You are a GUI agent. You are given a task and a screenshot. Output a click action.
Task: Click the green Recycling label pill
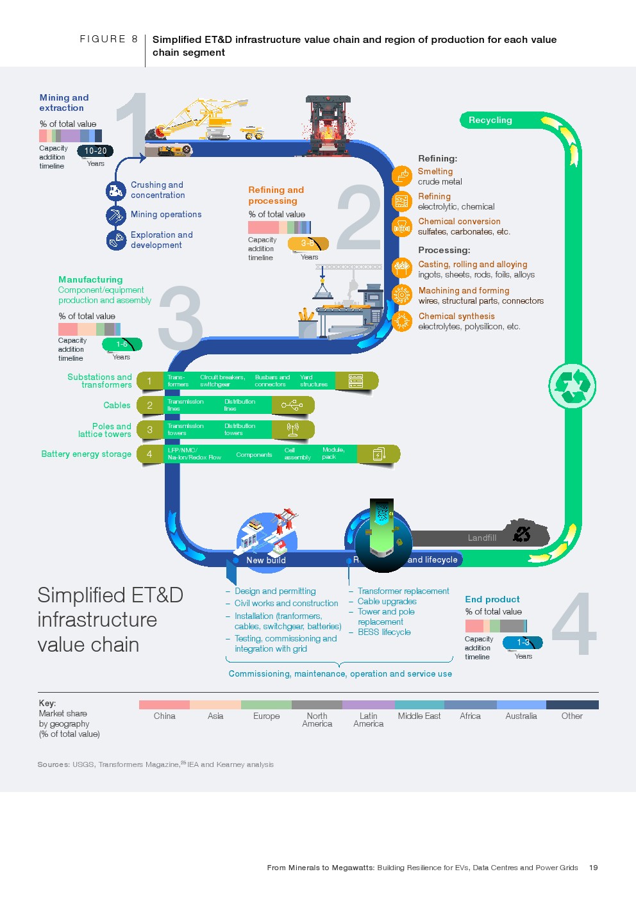coord(490,120)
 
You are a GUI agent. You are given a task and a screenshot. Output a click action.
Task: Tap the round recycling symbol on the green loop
coord(572,386)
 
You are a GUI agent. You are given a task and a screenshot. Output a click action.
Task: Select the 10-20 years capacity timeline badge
coord(96,151)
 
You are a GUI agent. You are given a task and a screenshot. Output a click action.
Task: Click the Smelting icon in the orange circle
coord(402,176)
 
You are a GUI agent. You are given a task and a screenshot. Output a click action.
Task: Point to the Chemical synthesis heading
coord(456,317)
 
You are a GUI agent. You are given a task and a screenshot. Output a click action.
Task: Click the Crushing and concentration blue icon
coord(116,190)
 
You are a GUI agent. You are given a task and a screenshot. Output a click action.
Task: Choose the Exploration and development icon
coord(116,240)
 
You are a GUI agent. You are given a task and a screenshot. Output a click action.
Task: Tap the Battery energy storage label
coord(86,454)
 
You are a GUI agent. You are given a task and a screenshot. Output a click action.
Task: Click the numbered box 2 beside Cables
coord(150,406)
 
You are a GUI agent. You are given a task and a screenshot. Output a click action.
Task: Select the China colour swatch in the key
coord(164,705)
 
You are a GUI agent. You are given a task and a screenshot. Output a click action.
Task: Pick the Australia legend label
coord(521,716)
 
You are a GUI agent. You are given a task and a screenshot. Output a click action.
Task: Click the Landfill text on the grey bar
coord(482,538)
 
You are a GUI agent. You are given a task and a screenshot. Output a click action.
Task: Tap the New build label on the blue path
coord(266,560)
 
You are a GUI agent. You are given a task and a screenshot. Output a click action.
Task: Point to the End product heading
coord(492,600)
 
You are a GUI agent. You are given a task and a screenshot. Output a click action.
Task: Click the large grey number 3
coord(180,318)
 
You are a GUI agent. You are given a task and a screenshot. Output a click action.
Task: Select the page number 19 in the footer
coord(594,868)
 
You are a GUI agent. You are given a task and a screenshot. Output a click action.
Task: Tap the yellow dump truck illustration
coord(253,133)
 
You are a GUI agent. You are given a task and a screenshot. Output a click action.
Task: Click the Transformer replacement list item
coord(403,591)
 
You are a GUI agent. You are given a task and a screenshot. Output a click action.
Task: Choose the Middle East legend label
coord(419,716)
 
